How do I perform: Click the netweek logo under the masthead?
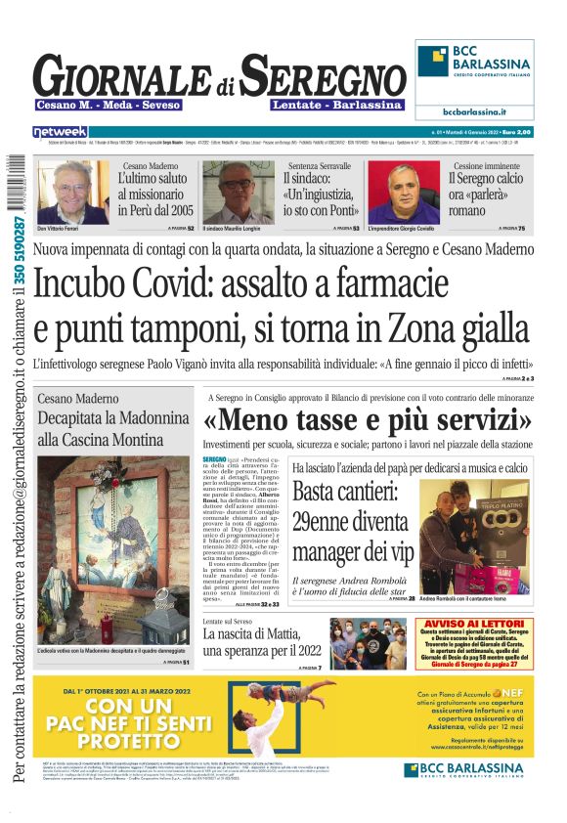[x=60, y=131]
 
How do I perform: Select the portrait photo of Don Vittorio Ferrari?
[x=72, y=192]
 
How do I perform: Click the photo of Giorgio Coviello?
[x=403, y=193]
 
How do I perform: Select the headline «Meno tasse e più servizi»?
[x=368, y=421]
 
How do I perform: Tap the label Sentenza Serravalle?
[x=317, y=165]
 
